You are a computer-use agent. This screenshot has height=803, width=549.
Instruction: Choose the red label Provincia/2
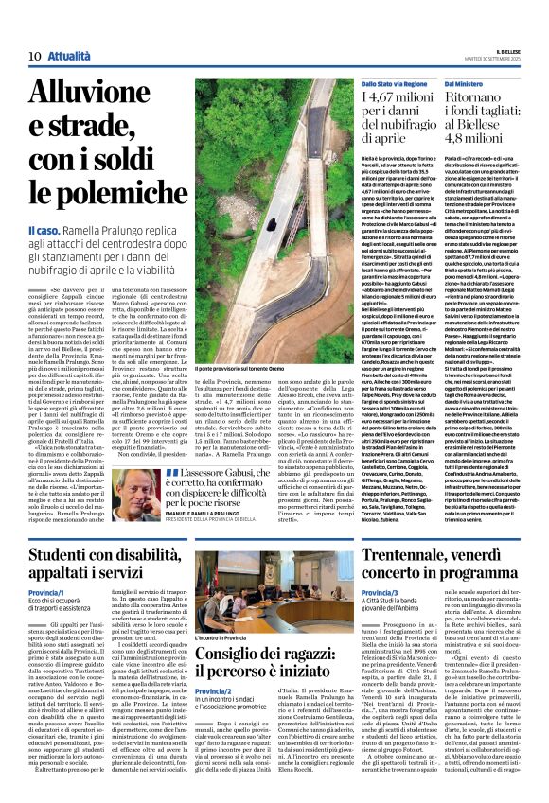215,718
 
